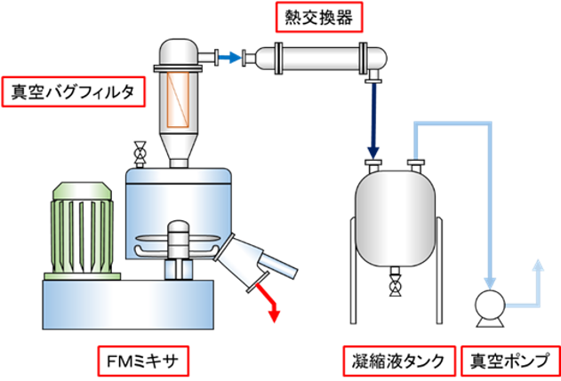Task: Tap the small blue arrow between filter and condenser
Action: (x=230, y=58)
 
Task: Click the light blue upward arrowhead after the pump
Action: (x=537, y=266)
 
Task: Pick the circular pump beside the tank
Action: (x=489, y=306)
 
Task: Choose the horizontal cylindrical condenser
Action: (x=325, y=58)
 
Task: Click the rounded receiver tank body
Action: (x=396, y=218)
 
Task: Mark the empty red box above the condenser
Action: (x=318, y=17)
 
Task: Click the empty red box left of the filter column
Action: (x=73, y=91)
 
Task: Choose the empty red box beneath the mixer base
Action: (x=143, y=360)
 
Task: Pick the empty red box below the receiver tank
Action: (x=399, y=361)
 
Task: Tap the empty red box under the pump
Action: (x=509, y=361)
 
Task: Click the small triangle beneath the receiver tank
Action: (x=395, y=292)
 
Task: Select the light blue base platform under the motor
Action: (x=129, y=298)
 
